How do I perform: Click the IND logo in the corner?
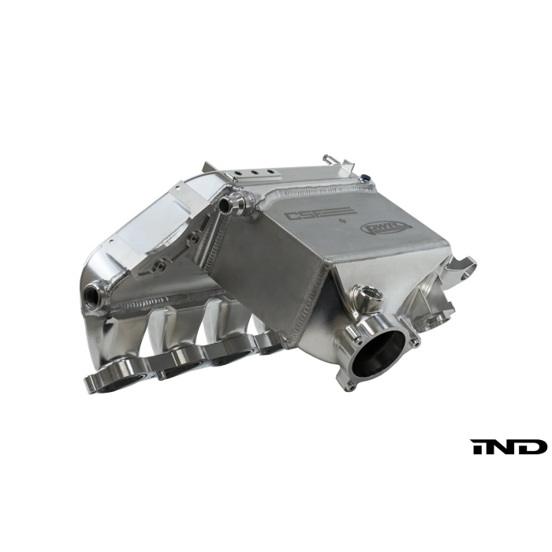509,446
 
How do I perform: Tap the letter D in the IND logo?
534,446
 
